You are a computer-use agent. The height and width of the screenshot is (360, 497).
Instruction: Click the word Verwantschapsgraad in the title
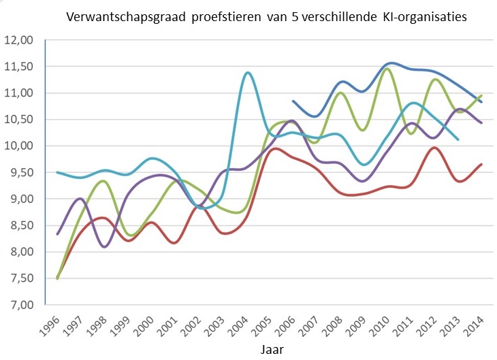pos(121,16)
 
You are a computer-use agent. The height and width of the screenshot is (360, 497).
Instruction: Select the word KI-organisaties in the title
pos(428,16)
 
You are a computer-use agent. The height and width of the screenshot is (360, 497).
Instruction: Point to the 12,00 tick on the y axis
pos(21,40)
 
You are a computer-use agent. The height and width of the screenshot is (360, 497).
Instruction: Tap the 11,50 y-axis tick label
pos(21,67)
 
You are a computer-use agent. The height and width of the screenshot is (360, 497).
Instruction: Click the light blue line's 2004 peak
pos(247,72)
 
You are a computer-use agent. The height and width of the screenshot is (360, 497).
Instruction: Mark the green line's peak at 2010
pos(388,68)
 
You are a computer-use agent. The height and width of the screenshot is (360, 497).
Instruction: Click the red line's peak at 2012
pos(434,148)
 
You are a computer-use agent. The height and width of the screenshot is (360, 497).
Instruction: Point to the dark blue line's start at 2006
pos(293,101)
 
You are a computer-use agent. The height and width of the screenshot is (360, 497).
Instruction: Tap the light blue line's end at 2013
pos(458,140)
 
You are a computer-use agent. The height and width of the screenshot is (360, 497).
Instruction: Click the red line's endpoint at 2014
pos(481,164)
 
